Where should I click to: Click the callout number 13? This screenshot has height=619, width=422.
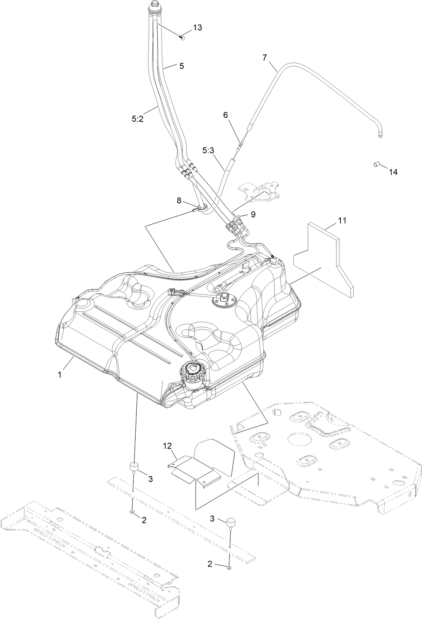tap(197, 28)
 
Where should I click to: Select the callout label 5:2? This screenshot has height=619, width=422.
tap(138, 118)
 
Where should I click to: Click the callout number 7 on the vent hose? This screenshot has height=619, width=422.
tap(265, 57)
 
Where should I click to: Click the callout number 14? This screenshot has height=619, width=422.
tap(393, 172)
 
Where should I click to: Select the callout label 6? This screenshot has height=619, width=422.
tap(226, 115)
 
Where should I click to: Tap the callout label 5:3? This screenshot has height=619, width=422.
tap(208, 150)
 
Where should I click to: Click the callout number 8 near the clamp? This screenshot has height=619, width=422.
tap(179, 201)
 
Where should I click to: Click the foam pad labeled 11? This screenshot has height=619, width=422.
tap(324, 256)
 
